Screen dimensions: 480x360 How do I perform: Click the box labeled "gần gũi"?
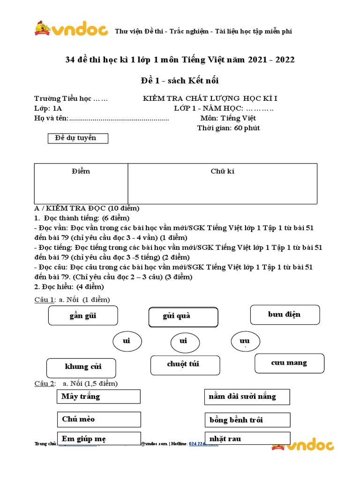tap(83, 315)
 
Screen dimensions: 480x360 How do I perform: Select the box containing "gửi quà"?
tap(183, 317)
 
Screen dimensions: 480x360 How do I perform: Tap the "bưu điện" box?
tap(285, 315)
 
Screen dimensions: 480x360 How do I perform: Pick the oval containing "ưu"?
tap(246, 341)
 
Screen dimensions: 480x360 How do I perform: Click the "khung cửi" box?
tap(81, 367)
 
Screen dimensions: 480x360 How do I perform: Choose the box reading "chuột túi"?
tap(185, 365)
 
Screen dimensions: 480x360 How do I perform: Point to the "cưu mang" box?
tap(289, 363)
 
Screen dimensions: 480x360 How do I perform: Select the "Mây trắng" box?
tap(98, 397)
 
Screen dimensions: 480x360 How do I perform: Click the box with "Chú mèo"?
tap(98, 419)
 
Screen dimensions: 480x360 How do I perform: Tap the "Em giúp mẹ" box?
tap(98, 439)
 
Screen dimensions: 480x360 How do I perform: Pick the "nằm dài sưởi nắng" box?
tap(247, 397)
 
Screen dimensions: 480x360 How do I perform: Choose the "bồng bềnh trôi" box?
tap(247, 420)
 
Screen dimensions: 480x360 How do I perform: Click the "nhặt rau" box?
tap(247, 439)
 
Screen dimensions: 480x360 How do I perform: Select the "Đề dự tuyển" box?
tap(78, 138)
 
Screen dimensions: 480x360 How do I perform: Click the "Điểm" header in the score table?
tap(81, 171)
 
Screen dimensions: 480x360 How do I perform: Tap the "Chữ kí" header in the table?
tap(223, 171)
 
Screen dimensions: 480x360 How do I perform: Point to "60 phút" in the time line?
tap(247, 128)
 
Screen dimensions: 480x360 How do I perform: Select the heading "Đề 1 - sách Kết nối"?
tap(180, 81)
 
